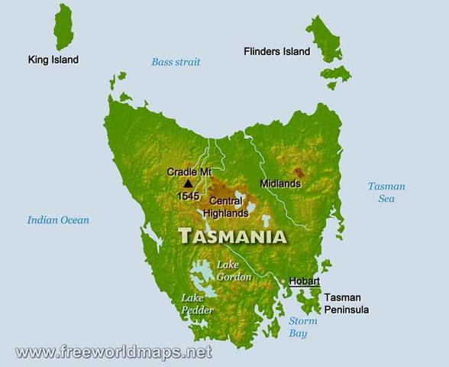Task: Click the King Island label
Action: click(53, 60)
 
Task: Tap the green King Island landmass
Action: click(63, 27)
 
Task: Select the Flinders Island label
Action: click(276, 52)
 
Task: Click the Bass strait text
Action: click(176, 62)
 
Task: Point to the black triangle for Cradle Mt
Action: click(188, 183)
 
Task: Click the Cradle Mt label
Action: click(189, 172)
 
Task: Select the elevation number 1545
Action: click(189, 196)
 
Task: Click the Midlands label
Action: click(279, 184)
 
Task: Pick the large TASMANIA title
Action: click(233, 236)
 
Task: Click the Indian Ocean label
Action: click(58, 220)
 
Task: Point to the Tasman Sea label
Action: click(386, 193)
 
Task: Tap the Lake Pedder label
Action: click(197, 304)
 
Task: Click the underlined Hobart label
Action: click(304, 281)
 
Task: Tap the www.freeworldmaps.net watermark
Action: click(113, 352)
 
